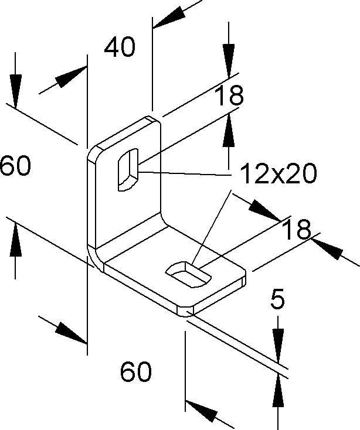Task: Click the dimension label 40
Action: pyautogui.click(x=120, y=47)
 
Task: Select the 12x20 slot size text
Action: pyautogui.click(x=279, y=173)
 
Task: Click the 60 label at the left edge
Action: pyautogui.click(x=15, y=166)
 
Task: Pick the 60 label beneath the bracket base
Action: pyautogui.click(x=136, y=371)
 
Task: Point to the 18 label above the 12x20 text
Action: pyautogui.click(x=228, y=97)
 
